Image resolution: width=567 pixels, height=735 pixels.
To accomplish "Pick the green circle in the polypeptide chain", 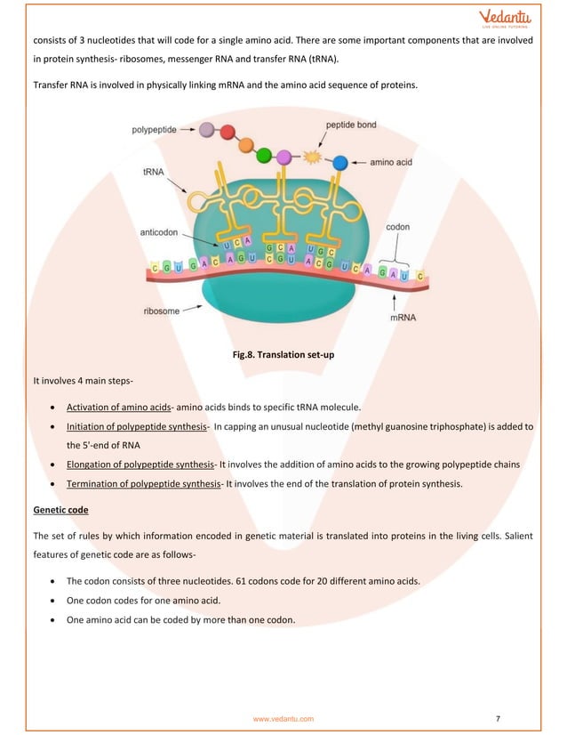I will [x=263, y=156].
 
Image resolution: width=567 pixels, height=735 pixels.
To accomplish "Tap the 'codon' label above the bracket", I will [x=397, y=227].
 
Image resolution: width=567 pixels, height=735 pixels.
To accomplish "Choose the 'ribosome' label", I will [x=164, y=311].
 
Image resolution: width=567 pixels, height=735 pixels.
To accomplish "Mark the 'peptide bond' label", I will [x=351, y=125].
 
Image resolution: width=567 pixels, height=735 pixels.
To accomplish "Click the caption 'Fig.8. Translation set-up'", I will [x=283, y=356].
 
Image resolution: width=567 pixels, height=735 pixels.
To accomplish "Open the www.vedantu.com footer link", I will [x=283, y=717].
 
